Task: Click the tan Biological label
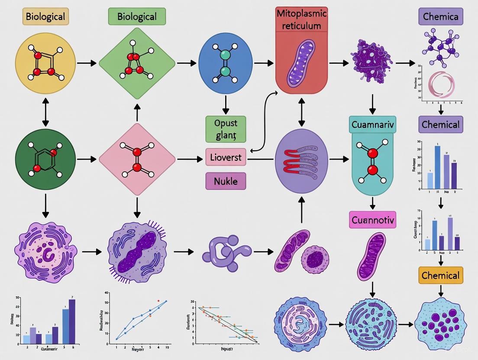click(45, 17)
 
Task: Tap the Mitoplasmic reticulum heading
click(301, 19)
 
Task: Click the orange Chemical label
click(440, 276)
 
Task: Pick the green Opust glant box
click(225, 129)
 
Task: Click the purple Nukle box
click(225, 181)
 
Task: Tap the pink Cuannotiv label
click(372, 220)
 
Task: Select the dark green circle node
click(45, 159)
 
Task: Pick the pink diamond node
click(137, 159)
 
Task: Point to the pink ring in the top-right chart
click(441, 84)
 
